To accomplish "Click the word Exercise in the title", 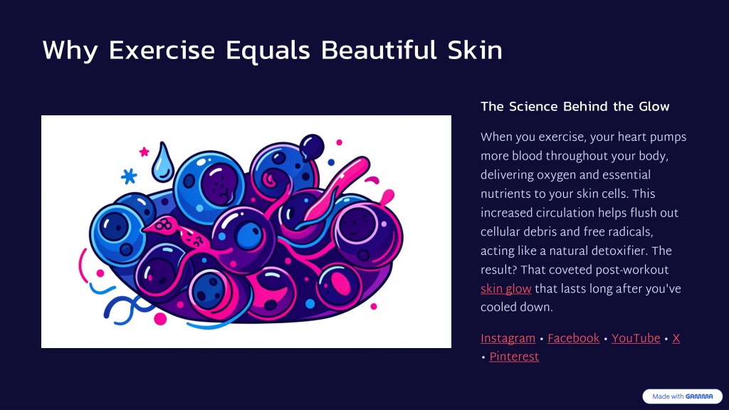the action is click(162, 51).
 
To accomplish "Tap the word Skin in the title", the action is click(475, 51).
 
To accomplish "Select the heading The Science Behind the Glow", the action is click(575, 107).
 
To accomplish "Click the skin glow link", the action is click(506, 289).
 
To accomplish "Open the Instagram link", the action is click(508, 338).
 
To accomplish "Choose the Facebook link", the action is click(573, 338).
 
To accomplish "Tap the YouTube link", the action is click(636, 338).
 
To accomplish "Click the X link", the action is click(676, 338).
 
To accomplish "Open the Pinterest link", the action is click(514, 357).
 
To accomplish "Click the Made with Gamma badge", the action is click(683, 396).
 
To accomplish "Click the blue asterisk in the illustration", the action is click(129, 177).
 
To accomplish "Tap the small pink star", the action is click(144, 152).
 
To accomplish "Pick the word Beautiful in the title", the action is click(379, 51).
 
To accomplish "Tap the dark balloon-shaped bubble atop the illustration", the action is click(312, 147).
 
